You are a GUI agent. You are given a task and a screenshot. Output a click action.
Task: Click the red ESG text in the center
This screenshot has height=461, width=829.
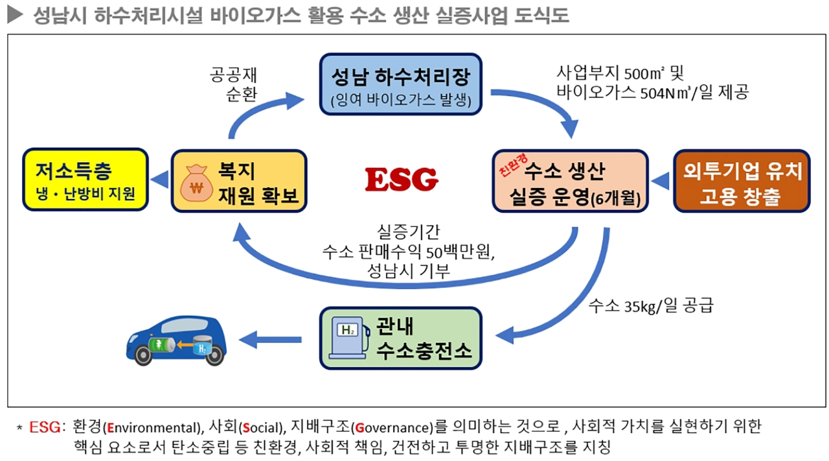click(x=402, y=180)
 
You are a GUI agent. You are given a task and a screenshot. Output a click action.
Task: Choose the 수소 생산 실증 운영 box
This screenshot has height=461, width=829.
click(x=570, y=181)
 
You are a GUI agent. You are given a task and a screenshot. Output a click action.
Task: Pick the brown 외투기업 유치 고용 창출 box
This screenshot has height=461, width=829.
click(x=742, y=181)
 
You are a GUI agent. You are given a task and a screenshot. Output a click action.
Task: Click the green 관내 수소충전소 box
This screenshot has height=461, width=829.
click(x=401, y=338)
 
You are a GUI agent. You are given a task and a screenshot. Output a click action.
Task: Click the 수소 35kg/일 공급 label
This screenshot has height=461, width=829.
click(x=650, y=305)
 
